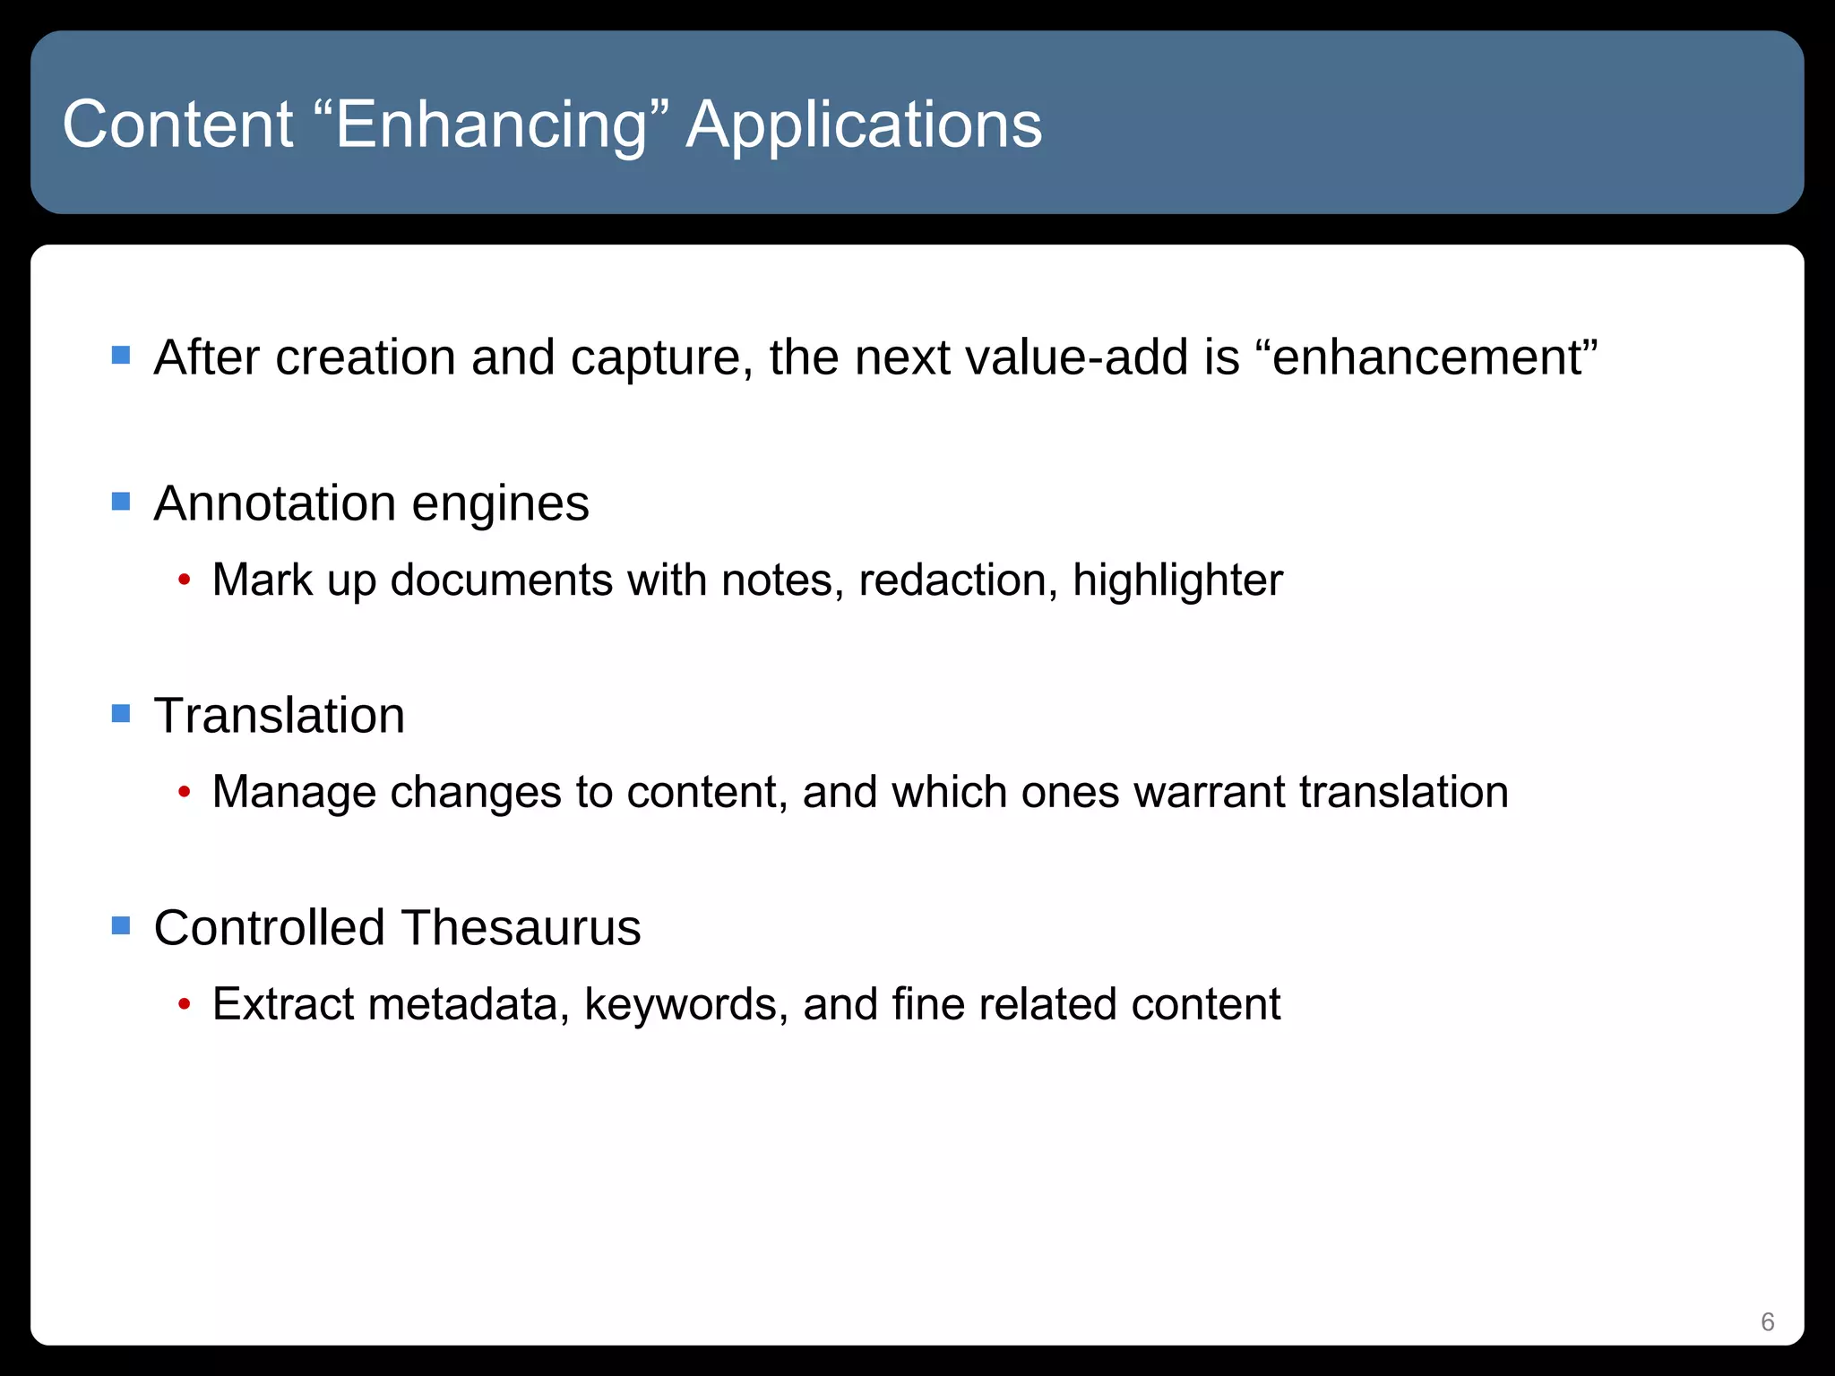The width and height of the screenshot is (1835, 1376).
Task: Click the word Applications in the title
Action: pyautogui.click(x=864, y=125)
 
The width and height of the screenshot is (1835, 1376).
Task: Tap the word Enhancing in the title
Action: pyautogui.click(x=491, y=125)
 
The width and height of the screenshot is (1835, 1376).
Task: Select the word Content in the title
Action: pyautogui.click(x=177, y=125)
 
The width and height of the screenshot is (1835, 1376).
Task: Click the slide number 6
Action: pyautogui.click(x=1767, y=1321)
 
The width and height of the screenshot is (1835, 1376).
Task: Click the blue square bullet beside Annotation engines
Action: pyautogui.click(x=121, y=501)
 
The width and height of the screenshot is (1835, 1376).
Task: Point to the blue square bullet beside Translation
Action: pyautogui.click(x=121, y=713)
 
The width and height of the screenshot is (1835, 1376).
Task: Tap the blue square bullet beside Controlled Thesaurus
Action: pyautogui.click(x=121, y=925)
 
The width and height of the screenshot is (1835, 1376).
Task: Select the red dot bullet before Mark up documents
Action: pyautogui.click(x=184, y=580)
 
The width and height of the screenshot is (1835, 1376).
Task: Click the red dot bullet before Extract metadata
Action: pyautogui.click(x=184, y=1005)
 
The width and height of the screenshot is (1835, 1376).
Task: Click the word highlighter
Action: pyautogui.click(x=1177, y=580)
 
